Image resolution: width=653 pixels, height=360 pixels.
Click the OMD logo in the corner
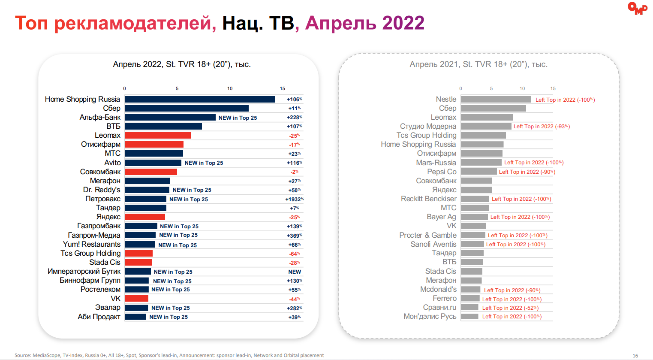tap(637, 9)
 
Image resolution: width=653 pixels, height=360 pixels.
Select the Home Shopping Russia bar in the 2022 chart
tap(200, 100)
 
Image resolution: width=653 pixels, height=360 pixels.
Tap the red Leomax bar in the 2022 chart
tap(158, 136)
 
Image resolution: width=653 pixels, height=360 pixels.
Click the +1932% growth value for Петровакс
tap(295, 199)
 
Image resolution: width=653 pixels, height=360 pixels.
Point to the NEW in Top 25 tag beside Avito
tap(204, 163)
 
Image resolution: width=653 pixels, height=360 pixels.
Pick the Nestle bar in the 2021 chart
tap(496, 99)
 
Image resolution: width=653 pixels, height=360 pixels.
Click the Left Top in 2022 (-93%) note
tap(542, 127)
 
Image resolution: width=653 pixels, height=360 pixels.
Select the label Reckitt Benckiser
tap(428, 199)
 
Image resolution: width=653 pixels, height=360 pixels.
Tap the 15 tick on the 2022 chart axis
tap(283, 88)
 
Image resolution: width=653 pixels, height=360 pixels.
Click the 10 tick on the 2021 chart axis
tap(522, 88)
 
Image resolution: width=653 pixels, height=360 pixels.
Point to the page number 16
tap(635, 356)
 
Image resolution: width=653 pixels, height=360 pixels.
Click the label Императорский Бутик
tap(84, 272)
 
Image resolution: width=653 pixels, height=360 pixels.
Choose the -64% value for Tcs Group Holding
tap(295, 254)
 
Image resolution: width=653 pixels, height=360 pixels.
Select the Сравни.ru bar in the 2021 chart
tap(469, 308)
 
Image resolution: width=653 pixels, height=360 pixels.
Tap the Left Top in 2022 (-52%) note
tap(510, 308)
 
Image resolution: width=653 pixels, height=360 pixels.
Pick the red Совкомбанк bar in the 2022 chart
tap(151, 172)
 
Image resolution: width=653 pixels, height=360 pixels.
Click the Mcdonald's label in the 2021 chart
tap(438, 290)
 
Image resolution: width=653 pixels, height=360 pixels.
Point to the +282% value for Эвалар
tap(295, 308)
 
